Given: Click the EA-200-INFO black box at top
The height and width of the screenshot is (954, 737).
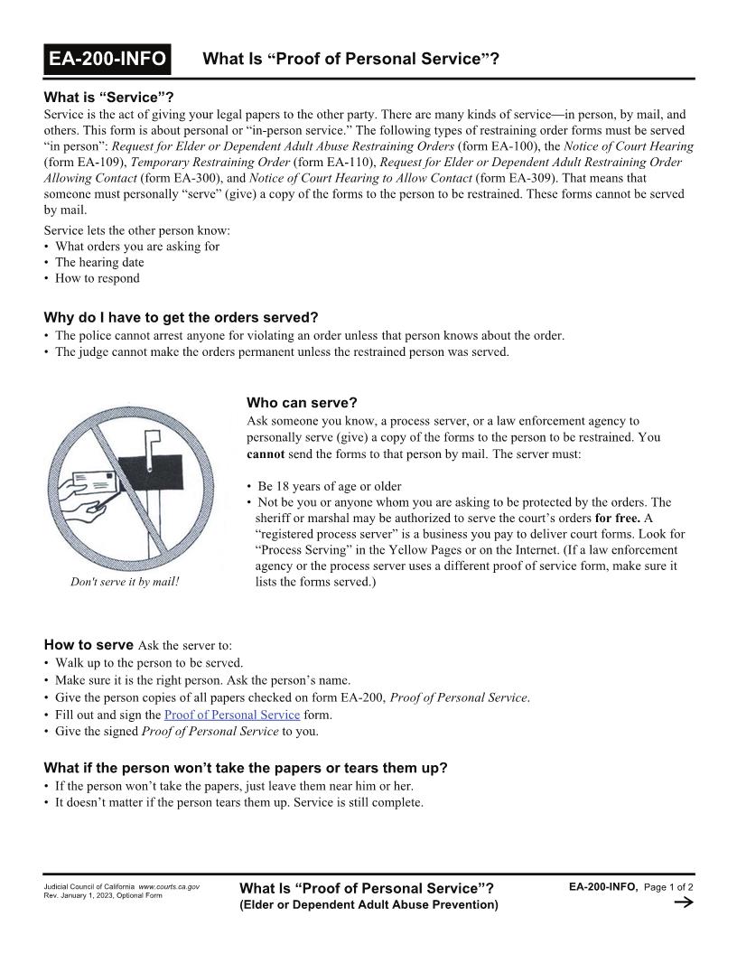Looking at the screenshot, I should [x=107, y=60].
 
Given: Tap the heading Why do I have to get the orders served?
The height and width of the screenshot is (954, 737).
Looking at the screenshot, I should [x=181, y=317].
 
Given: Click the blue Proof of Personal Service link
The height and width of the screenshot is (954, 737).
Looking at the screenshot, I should [x=232, y=715].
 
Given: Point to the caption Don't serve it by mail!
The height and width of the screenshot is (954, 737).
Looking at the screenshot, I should [x=125, y=582].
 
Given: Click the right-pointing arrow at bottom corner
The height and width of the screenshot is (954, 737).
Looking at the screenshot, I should [x=684, y=903].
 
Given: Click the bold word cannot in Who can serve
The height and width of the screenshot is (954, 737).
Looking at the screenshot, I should [x=266, y=454].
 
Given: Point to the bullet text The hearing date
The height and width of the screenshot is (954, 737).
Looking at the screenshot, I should [x=99, y=262].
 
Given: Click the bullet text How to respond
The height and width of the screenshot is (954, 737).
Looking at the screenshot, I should [x=98, y=278].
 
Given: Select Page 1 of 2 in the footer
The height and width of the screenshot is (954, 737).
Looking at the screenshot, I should [x=668, y=887].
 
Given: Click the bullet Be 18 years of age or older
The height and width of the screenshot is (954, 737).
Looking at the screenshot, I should [x=329, y=486].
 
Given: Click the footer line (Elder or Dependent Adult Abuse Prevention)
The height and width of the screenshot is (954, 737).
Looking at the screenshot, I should [x=368, y=904].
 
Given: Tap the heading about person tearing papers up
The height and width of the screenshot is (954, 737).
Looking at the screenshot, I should [x=246, y=768].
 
